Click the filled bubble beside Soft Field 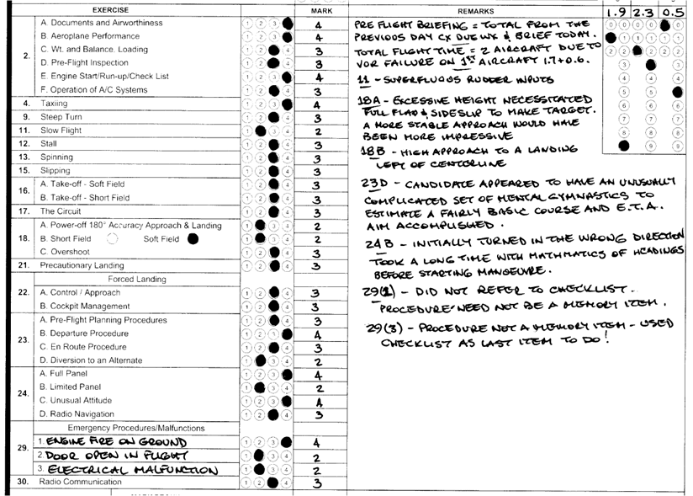pos(194,238)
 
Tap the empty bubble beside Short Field pos(114,238)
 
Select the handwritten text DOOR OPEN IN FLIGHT pos(93,455)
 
